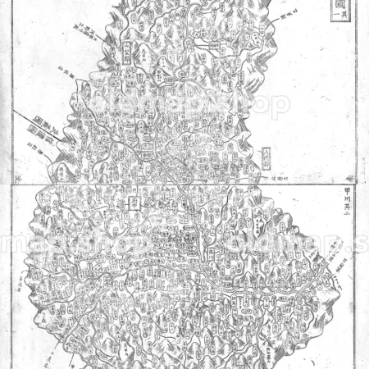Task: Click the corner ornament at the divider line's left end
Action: (18, 179)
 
